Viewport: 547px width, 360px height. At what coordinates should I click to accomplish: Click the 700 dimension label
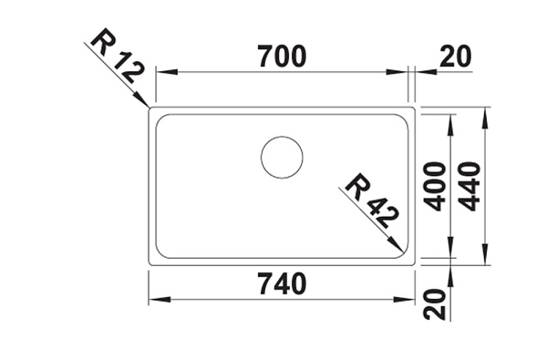(x=283, y=57)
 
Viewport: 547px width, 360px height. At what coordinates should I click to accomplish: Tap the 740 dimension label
(x=283, y=283)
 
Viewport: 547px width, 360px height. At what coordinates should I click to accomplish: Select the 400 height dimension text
(x=434, y=187)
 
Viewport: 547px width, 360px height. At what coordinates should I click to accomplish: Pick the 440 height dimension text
(x=469, y=187)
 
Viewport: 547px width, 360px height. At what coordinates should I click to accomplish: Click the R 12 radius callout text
(x=118, y=57)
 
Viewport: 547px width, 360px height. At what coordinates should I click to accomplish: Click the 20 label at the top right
(x=455, y=57)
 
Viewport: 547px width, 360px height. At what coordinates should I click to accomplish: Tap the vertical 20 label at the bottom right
(x=434, y=304)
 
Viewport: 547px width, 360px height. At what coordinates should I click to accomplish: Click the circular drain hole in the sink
(x=282, y=158)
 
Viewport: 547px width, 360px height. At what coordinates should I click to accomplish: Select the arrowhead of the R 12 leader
(x=143, y=99)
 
